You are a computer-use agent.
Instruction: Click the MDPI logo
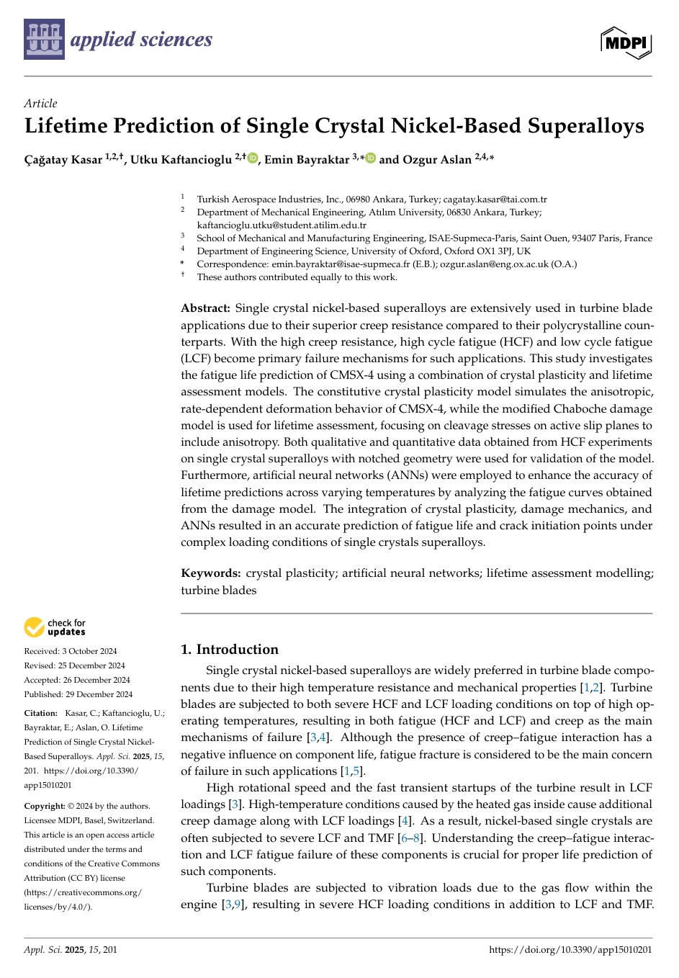tap(626, 42)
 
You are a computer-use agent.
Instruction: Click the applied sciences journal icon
tap(44, 39)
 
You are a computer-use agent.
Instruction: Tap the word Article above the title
tap(40, 103)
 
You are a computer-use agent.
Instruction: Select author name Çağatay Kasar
tap(63, 160)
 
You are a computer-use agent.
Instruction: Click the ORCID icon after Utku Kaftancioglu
tap(253, 158)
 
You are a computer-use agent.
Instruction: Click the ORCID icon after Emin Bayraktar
tap(371, 158)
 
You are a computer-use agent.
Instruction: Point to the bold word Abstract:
tap(205, 308)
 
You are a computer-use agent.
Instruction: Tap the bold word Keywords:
tap(210, 573)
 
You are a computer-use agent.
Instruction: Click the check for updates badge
tap(55, 627)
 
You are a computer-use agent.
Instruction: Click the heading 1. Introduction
tap(229, 650)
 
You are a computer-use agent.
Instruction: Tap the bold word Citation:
tap(40, 713)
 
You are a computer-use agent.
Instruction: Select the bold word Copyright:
tap(45, 807)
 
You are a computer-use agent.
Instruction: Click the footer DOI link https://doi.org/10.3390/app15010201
tap(570, 950)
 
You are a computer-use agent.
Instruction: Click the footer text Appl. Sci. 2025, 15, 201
tap(71, 950)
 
